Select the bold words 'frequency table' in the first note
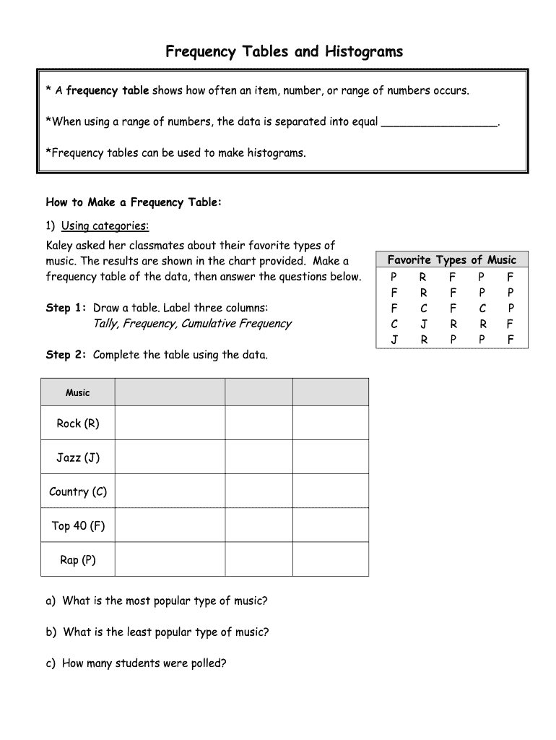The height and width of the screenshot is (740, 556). tap(108, 90)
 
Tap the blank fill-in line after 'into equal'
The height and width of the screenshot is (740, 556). tap(439, 122)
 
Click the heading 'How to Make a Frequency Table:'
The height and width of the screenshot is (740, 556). tap(134, 202)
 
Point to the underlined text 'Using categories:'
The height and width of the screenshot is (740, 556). tap(105, 225)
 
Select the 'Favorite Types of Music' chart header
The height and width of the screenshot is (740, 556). tap(452, 259)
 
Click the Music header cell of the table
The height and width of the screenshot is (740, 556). tap(78, 392)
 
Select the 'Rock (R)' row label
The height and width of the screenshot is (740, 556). tap(78, 423)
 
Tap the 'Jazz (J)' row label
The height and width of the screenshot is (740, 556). tap(78, 457)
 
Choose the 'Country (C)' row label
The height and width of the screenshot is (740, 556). tap(78, 491)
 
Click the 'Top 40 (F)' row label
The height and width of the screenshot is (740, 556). tap(78, 525)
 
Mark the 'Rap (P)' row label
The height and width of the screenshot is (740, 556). tap(78, 559)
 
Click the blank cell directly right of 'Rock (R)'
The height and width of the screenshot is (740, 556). tap(170, 423)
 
